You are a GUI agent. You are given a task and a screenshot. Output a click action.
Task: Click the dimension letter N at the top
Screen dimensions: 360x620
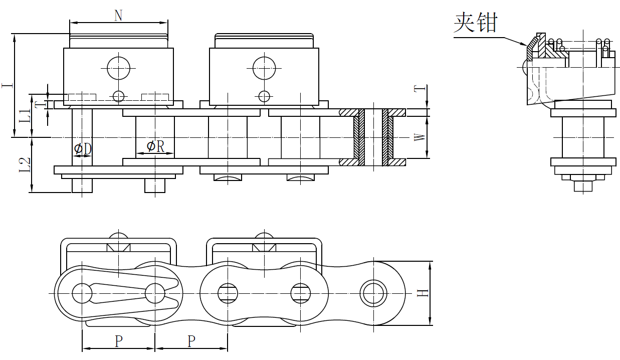(118, 16)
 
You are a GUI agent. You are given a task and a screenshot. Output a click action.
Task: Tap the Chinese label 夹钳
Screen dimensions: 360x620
(476, 23)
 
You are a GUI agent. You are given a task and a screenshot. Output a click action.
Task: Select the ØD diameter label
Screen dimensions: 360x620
(83, 148)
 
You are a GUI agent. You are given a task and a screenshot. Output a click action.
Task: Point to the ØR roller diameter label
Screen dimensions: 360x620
(155, 146)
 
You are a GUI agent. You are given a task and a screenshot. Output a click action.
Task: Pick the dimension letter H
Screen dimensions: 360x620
(424, 292)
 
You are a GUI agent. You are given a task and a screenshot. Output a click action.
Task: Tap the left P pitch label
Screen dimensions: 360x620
(119, 341)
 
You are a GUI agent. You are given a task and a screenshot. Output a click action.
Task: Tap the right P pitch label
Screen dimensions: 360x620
(191, 341)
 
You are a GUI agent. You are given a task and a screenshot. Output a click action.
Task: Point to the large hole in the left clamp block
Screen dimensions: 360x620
(118, 67)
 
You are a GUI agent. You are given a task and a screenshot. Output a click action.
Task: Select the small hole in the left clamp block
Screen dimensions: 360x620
(118, 95)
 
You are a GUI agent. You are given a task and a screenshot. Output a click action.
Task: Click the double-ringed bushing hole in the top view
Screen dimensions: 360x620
(373, 293)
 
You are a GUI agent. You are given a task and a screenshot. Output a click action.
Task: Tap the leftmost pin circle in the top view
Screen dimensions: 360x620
(82, 293)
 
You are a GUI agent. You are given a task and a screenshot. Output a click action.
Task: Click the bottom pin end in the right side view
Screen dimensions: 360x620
(583, 186)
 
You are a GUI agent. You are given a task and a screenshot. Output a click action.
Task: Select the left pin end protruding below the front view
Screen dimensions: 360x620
(82, 185)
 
